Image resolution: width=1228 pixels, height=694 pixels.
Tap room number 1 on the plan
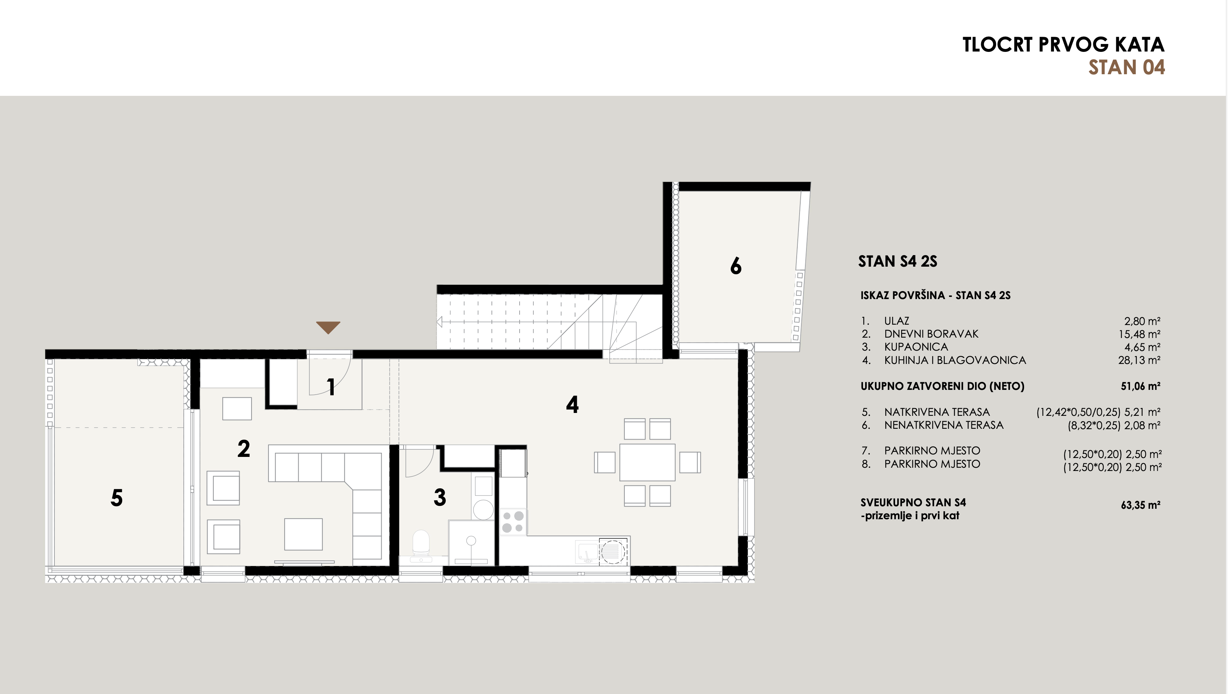point(331,387)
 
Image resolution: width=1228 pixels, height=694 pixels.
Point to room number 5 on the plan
point(117,498)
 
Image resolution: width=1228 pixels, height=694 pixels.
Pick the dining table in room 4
point(647,462)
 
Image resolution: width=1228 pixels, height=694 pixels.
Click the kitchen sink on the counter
point(586,551)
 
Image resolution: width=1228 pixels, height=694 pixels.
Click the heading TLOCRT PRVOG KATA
point(1064,45)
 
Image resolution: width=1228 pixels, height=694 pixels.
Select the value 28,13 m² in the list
point(1139,360)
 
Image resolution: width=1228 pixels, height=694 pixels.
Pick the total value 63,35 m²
point(1140,505)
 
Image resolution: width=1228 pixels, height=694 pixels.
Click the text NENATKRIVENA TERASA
point(944,425)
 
